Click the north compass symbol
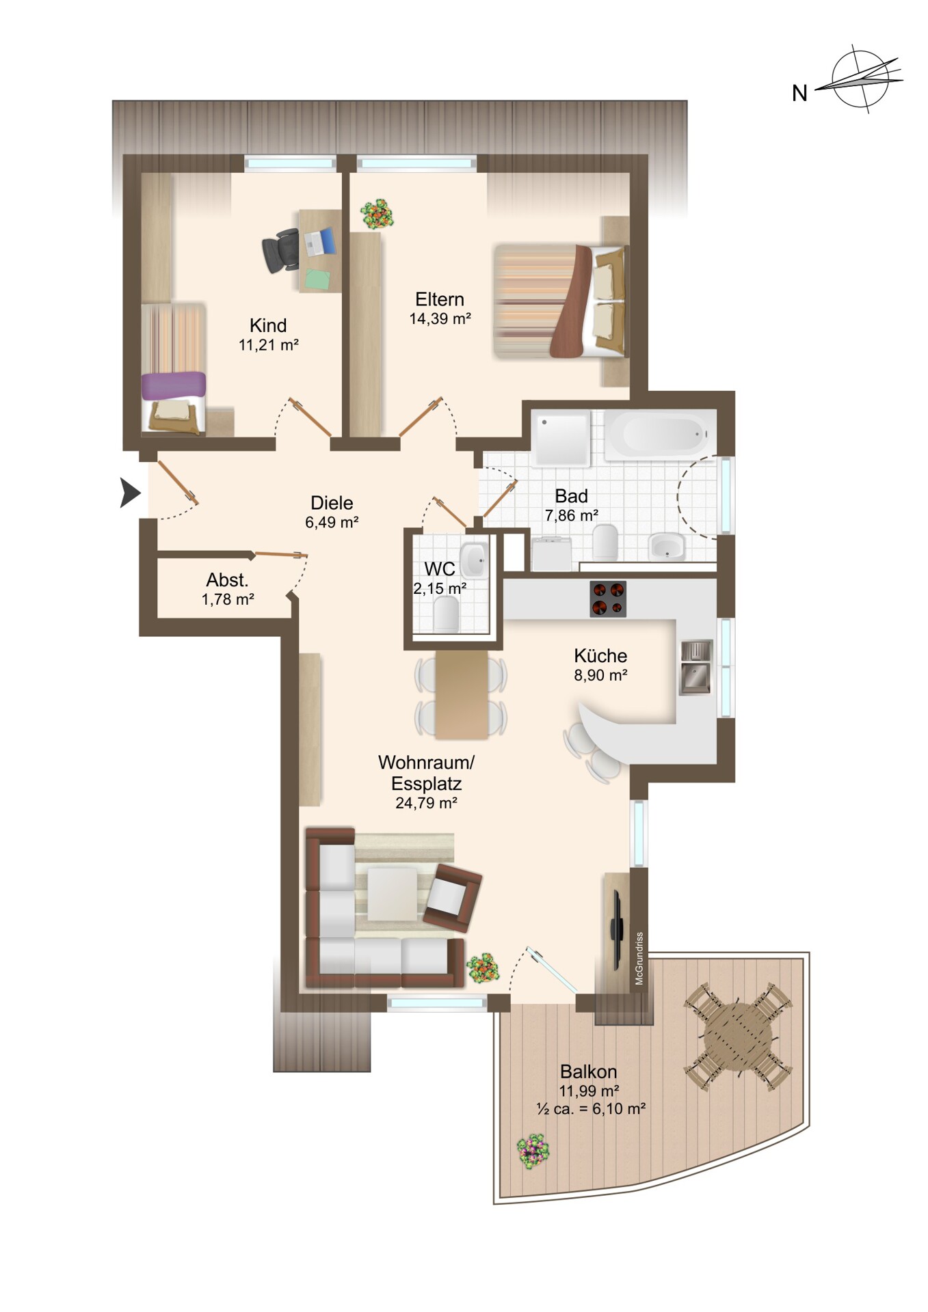861,79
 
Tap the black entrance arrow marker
130,493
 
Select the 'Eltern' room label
440,299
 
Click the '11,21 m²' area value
269,345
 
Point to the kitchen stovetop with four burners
607,599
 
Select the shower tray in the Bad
561,438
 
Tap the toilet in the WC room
446,613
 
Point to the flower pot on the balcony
533,1151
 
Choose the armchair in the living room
453,897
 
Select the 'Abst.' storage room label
228,580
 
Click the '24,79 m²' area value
426,803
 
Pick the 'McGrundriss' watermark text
639,958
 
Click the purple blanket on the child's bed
174,385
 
